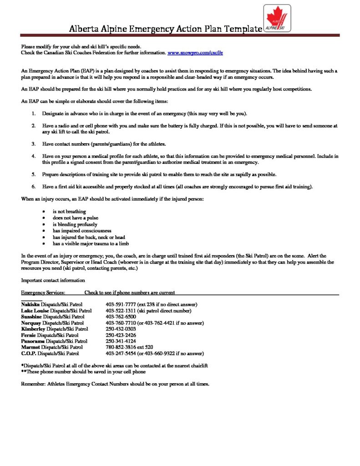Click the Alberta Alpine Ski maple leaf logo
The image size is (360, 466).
coord(277,19)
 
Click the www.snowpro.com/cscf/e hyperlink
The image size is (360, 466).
coord(195,53)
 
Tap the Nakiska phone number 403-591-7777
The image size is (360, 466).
coord(121,304)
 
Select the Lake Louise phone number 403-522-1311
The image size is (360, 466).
coord(121,311)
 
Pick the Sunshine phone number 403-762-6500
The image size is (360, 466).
coord(121,317)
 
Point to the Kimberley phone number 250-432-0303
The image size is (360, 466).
coord(121,329)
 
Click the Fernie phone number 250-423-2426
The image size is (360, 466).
coord(121,335)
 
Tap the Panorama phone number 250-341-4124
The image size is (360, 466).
coord(121,341)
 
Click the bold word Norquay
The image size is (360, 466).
coord(31,323)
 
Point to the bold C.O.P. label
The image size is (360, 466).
coord(28,353)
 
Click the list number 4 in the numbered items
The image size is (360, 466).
coord(33,156)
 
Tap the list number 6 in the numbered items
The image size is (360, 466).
coord(33,187)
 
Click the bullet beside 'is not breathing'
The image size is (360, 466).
coord(43,212)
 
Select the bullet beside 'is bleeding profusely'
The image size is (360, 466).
coord(43,224)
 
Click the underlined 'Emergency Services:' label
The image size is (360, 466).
coord(43,292)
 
